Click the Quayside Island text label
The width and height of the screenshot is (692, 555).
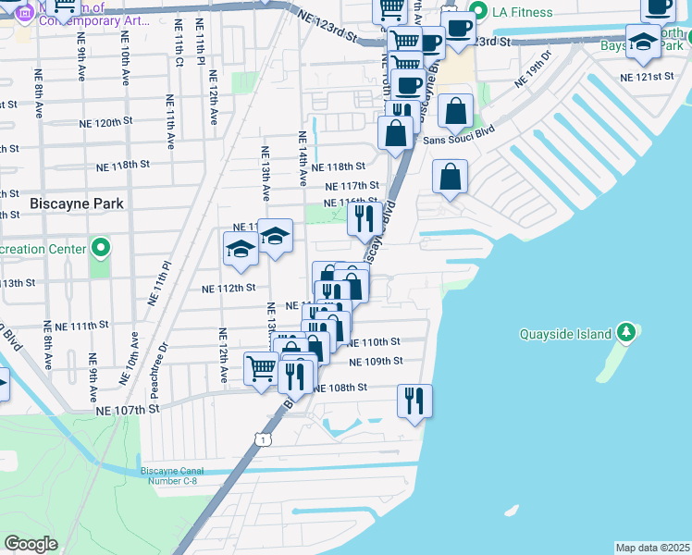565,334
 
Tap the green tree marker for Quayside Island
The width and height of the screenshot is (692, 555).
626,332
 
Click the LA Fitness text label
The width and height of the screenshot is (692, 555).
523,12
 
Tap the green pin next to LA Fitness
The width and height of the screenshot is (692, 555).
478,12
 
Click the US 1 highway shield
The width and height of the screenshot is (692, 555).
265,440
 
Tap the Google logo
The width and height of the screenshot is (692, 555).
31,544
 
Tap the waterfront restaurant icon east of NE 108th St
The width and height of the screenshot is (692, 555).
414,401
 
